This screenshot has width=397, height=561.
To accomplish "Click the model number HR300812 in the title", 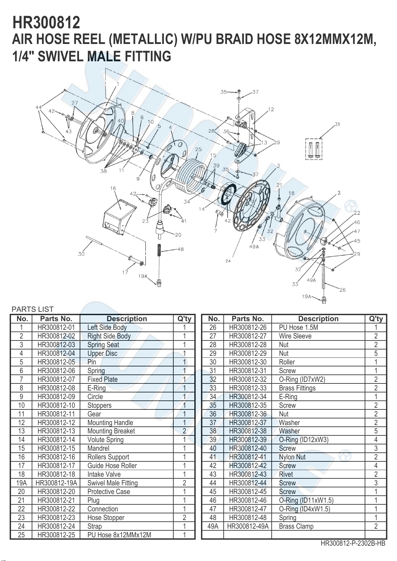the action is point(46,22).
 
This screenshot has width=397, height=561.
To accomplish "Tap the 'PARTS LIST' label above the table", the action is point(33,309).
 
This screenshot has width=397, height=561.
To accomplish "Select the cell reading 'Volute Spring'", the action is point(105,439).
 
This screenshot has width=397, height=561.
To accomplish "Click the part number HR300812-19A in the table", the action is point(56,483).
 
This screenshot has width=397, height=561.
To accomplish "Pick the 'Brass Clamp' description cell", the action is point(296,526).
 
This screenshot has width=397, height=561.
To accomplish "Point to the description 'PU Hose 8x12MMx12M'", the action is point(119,535).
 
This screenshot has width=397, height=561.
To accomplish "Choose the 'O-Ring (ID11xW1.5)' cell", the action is point(306,500).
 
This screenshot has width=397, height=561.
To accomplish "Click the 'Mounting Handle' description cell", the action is point(110,422).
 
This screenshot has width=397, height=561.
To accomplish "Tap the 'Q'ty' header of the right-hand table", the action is point(376,319).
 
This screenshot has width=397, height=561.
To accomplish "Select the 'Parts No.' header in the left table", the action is point(56,319).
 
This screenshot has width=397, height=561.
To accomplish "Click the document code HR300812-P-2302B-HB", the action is point(353,543).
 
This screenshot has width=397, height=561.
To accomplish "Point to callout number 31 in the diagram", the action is point(337,124).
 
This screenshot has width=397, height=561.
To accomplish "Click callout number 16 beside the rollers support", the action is point(113,188).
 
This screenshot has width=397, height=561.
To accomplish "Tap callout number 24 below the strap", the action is point(228,261).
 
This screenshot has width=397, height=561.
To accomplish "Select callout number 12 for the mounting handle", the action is point(271,110).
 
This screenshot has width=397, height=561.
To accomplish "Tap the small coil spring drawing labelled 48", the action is point(159,250).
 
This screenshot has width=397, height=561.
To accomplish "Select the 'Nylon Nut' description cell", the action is point(292,457).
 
